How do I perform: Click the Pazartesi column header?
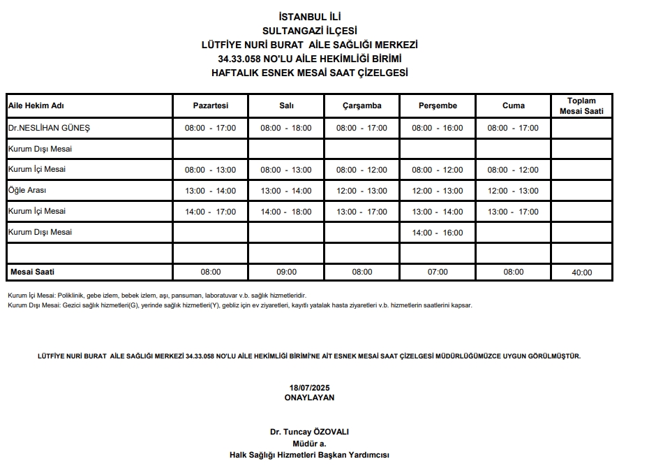[x=210, y=106]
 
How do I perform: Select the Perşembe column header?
[x=438, y=106]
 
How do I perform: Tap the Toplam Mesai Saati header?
[x=581, y=106]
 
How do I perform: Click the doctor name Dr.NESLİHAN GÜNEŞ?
[x=49, y=128]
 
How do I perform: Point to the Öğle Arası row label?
[x=27, y=190]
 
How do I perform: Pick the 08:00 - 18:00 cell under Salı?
[x=286, y=129]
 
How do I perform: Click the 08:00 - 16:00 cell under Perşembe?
[x=438, y=129]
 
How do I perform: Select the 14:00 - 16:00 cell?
[x=438, y=233]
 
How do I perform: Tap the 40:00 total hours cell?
[x=581, y=272]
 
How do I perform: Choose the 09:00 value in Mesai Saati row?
[x=286, y=272]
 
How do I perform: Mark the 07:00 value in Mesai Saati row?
[x=438, y=272]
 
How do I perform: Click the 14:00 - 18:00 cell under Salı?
[x=286, y=212]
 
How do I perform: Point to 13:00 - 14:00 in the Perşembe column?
[x=438, y=212]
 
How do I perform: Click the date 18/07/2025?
[x=309, y=388]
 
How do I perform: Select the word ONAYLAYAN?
[x=309, y=397]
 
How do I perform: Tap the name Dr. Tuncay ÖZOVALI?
[x=309, y=432]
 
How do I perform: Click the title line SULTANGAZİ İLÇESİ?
[x=309, y=31]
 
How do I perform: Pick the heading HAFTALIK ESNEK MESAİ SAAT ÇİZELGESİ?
[x=309, y=73]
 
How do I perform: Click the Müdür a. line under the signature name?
[x=309, y=443]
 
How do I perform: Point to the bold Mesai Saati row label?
[x=32, y=272]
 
